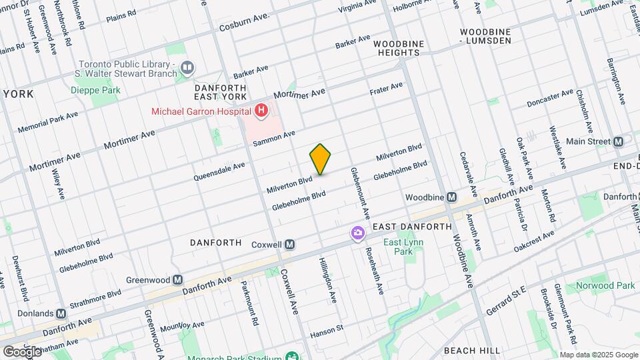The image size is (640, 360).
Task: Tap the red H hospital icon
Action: [x=261, y=111]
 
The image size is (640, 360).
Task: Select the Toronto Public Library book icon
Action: [x=187, y=67]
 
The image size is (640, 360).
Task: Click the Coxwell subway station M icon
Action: [x=289, y=244]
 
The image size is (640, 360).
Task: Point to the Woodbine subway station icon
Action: [x=451, y=197]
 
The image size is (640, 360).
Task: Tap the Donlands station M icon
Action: [x=61, y=313]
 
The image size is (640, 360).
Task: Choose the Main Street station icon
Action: [x=618, y=141]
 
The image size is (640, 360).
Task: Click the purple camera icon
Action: [x=358, y=233]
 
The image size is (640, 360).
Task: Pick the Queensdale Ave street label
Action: [x=219, y=173]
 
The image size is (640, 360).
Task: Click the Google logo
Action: [x=22, y=351]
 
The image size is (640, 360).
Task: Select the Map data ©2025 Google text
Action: [x=598, y=355]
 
